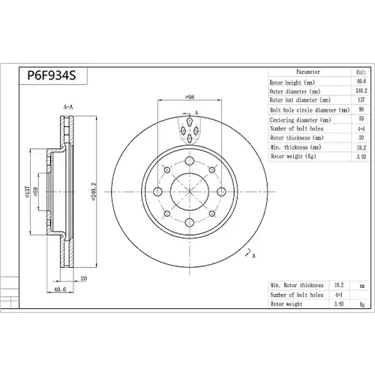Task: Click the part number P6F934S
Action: pos(52,75)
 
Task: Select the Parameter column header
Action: pos(308,72)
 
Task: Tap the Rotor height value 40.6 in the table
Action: pos(361,81)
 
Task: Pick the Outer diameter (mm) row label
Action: pos(295,91)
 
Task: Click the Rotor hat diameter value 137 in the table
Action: pos(361,100)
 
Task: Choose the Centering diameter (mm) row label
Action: pos(300,120)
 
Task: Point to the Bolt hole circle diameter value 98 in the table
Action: pos(361,109)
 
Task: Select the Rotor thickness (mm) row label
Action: pos(297,138)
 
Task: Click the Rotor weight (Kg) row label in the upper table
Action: pos(293,156)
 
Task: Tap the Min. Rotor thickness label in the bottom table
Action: pos(297,285)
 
